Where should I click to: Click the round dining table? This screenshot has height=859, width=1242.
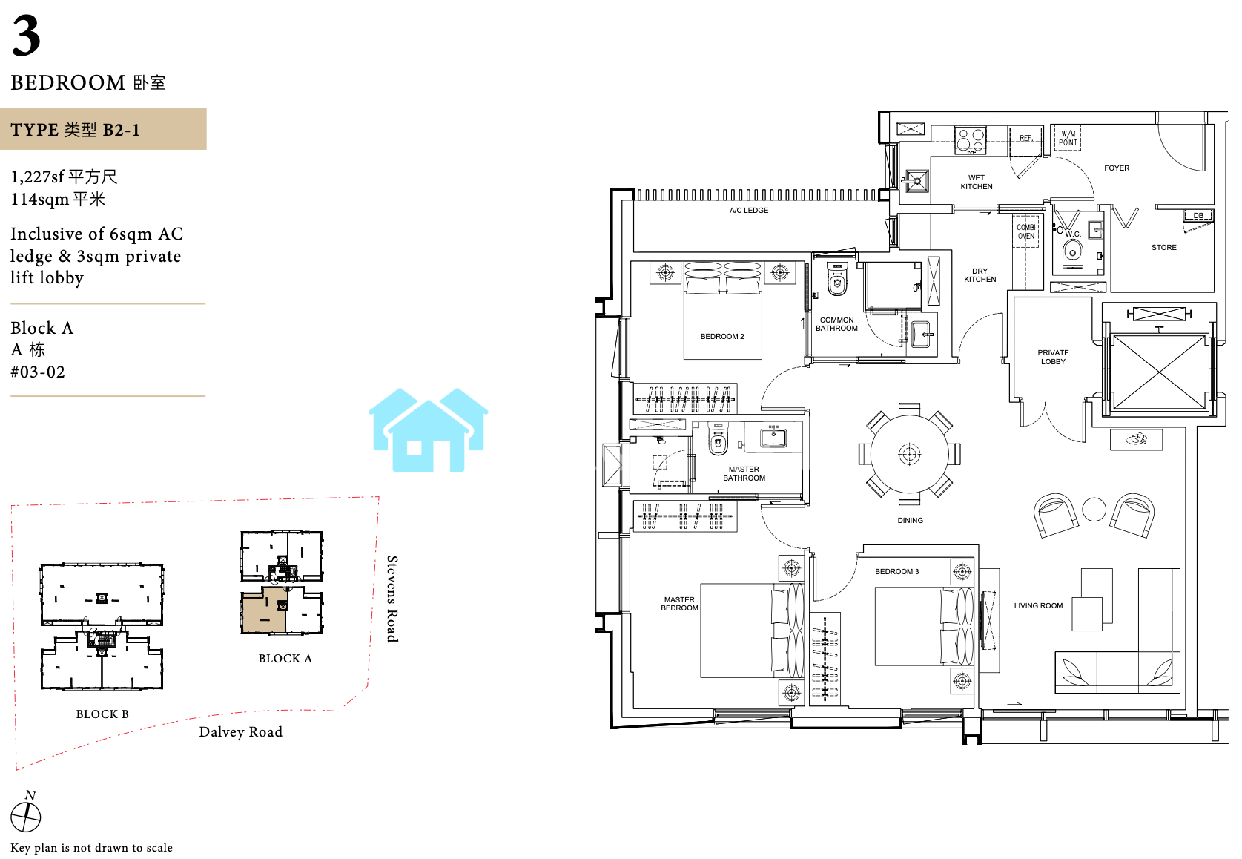pos(909,454)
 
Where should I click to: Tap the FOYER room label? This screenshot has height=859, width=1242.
pos(1116,168)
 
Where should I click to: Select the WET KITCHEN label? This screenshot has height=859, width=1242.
pos(977,182)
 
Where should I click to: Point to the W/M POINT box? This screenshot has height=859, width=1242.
pos(1068,138)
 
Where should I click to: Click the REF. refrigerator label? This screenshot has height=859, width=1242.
pos(1025,138)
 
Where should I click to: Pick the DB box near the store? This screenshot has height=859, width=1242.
pos(1198,215)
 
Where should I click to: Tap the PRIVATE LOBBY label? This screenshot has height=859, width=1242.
pos(1053,357)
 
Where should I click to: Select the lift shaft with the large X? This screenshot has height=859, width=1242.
pos(1159,372)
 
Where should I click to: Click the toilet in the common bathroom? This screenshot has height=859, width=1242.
pos(837,280)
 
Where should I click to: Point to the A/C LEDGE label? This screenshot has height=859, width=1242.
pos(748,210)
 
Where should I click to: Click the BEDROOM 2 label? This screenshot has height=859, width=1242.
pos(722,337)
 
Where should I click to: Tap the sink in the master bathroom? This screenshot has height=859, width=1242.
pos(773,437)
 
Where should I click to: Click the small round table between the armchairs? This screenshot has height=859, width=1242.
pos(1094,509)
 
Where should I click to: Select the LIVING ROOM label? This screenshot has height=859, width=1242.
pos(1038,605)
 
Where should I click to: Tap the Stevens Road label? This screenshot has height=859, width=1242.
pos(392,599)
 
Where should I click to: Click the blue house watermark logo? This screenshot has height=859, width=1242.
pos(428,429)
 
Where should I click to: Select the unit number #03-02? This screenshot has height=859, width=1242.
pos(38,372)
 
